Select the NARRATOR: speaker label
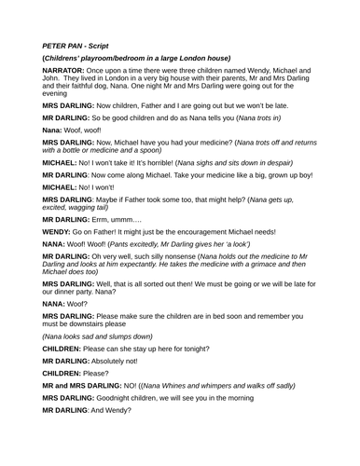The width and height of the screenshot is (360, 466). tap(65, 70)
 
